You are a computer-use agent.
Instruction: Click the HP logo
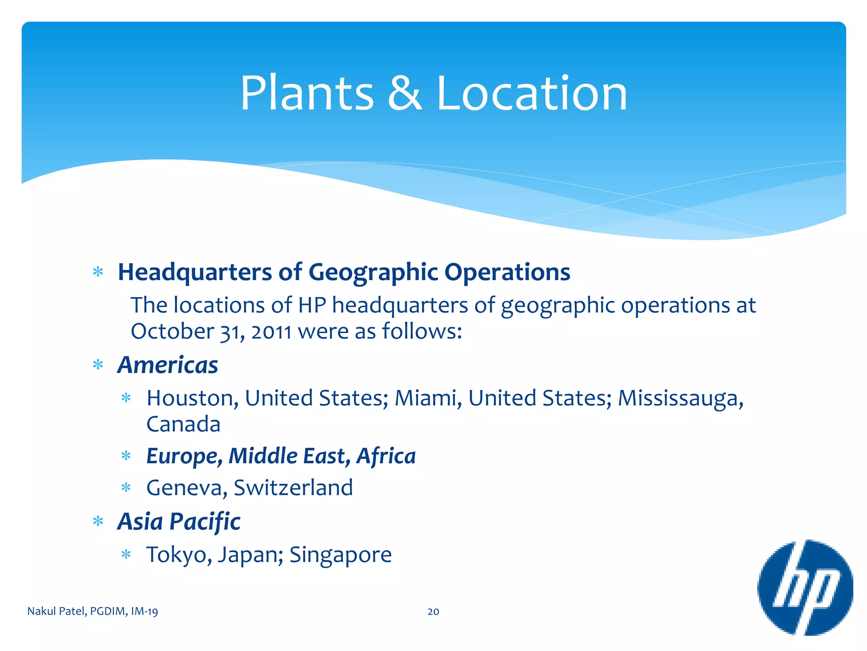(805, 587)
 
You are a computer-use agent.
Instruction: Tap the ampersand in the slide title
(404, 93)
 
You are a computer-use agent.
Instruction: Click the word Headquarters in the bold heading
(195, 272)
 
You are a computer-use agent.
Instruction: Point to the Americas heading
(168, 365)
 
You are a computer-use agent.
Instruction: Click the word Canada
(183, 424)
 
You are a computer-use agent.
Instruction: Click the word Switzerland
(293, 488)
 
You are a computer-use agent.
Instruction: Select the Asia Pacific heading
(179, 521)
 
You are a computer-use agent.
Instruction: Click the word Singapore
(340, 555)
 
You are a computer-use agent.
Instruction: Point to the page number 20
(433, 612)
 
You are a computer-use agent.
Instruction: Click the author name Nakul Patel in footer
(57, 612)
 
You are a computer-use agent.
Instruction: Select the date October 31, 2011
(211, 331)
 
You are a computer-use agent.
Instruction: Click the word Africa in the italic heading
(386, 456)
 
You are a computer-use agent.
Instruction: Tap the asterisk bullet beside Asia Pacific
(98, 521)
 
